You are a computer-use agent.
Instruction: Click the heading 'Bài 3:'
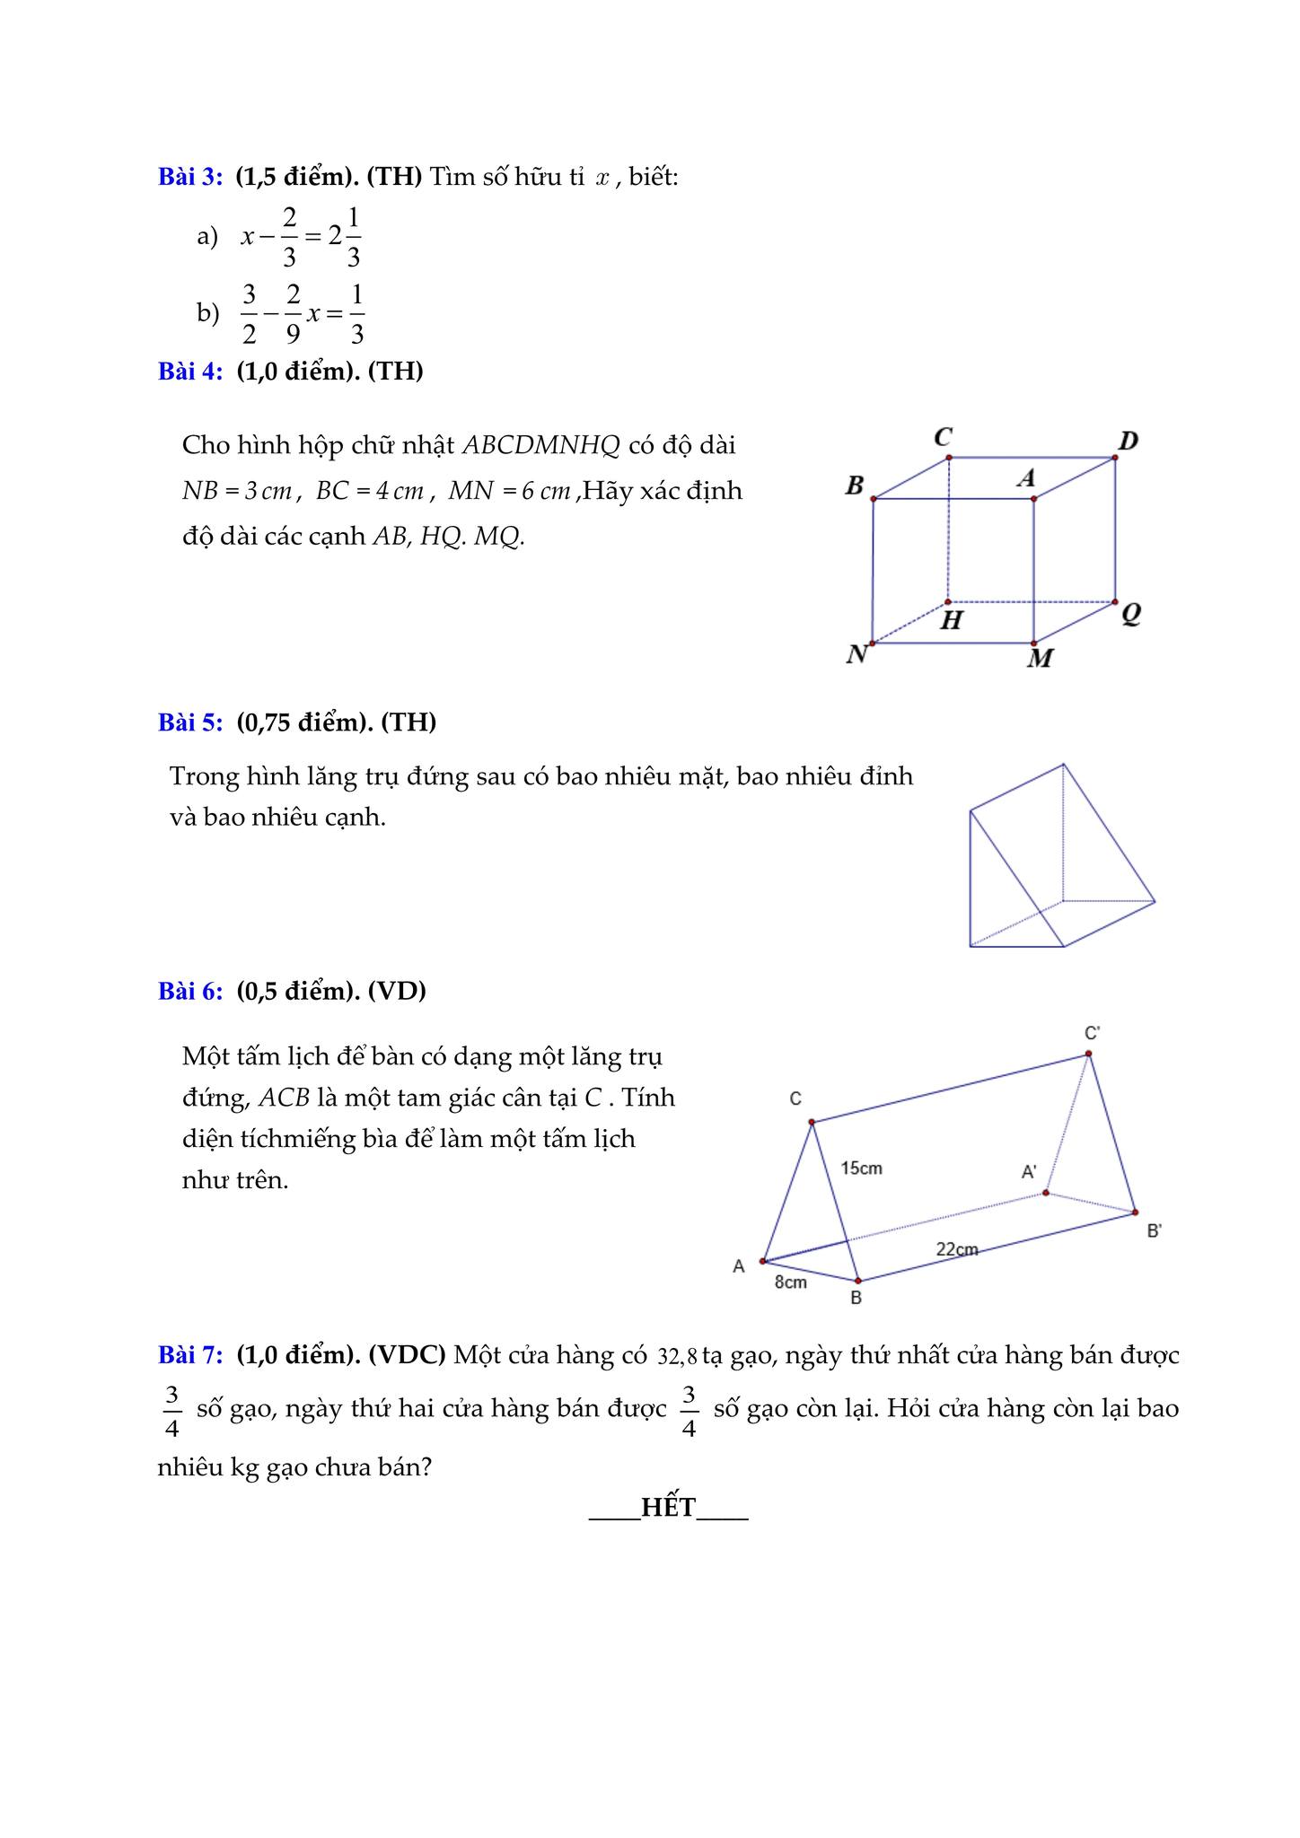pyautogui.click(x=190, y=177)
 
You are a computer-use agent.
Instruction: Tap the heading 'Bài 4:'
pyautogui.click(x=190, y=371)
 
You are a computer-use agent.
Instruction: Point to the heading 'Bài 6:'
pyautogui.click(x=190, y=991)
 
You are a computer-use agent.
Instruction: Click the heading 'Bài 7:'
pyautogui.click(x=190, y=1354)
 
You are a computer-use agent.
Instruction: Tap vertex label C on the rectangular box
pyautogui.click(x=943, y=437)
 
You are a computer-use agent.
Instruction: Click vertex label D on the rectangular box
pyautogui.click(x=1129, y=441)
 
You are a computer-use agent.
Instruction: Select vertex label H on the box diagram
pyautogui.click(x=952, y=620)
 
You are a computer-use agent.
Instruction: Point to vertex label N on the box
pyautogui.click(x=856, y=654)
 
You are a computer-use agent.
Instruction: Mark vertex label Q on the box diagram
pyautogui.click(x=1131, y=614)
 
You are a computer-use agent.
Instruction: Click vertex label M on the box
pyautogui.click(x=1040, y=659)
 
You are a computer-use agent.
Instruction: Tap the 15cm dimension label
pyautogui.click(x=861, y=1168)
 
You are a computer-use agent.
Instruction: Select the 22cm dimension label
pyautogui.click(x=957, y=1248)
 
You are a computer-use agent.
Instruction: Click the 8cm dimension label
pyautogui.click(x=791, y=1282)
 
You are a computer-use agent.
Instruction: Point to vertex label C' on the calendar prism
pyautogui.click(x=1093, y=1033)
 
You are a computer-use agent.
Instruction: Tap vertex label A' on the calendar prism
pyautogui.click(x=1029, y=1171)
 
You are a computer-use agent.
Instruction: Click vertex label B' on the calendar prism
pyautogui.click(x=1155, y=1230)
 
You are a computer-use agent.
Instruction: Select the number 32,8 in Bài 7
pyautogui.click(x=677, y=1356)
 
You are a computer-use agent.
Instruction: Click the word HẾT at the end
pyautogui.click(x=669, y=1508)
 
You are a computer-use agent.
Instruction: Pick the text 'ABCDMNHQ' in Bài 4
pyautogui.click(x=540, y=445)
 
